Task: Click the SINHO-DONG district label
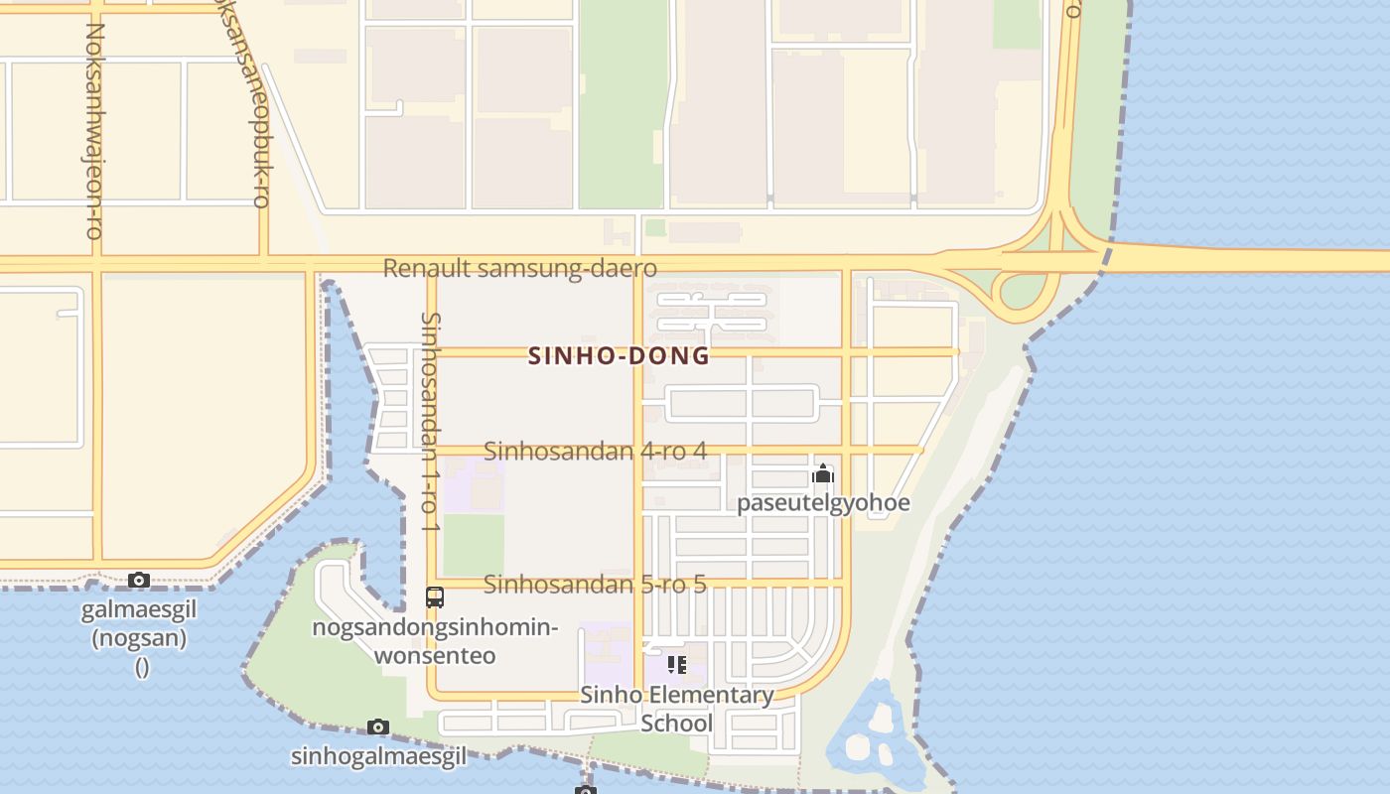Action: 620,355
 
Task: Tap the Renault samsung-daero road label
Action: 520,268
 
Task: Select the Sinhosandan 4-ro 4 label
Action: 595,451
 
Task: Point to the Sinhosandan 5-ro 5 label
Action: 595,584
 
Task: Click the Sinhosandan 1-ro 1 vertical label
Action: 430,422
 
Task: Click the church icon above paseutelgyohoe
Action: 822,474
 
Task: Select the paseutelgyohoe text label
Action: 822,502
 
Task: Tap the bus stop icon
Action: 435,597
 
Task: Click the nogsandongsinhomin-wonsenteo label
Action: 435,641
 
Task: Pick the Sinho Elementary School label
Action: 676,708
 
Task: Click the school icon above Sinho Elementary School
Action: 676,664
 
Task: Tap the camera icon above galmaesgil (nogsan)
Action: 139,580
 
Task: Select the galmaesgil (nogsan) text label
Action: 140,623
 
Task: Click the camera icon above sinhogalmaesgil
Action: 377,727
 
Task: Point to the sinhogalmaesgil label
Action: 378,756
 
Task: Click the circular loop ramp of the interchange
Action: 1023,291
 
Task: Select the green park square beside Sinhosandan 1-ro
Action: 473,545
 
